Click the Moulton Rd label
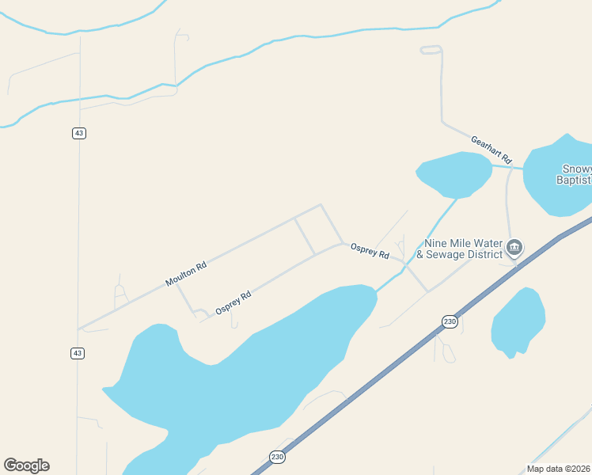[x=186, y=274]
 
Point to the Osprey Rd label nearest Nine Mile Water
[x=370, y=250]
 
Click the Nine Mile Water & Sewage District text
[x=463, y=249]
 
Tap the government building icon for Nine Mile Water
[x=514, y=249]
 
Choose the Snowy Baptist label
[x=575, y=174]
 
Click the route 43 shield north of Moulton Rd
[x=78, y=133]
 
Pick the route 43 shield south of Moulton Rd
[x=77, y=354]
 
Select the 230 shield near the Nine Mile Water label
[x=450, y=321]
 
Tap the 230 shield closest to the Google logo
[x=277, y=457]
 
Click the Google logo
[x=26, y=465]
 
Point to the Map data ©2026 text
[x=559, y=469]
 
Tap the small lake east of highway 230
[x=518, y=321]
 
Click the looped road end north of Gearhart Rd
[x=430, y=50]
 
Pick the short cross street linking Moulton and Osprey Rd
[x=305, y=236]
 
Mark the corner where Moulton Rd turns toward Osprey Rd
[x=321, y=205]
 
